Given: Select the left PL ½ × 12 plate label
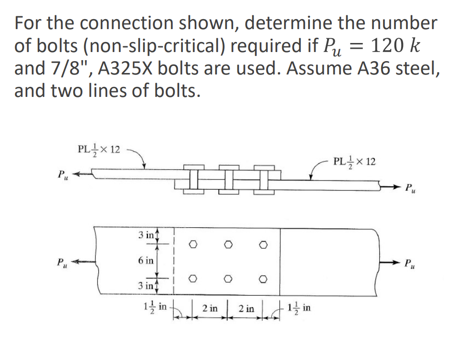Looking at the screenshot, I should pyautogui.click(x=99, y=149).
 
